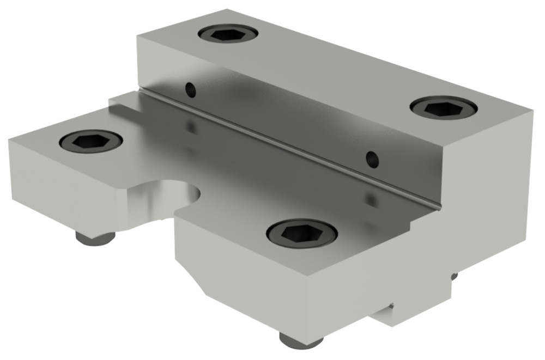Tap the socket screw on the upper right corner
[x=444, y=107]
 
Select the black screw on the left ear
[x=91, y=141]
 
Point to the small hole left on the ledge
[x=190, y=89]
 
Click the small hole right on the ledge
[x=372, y=158]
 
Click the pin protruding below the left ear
[x=94, y=238]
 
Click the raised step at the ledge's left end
[x=123, y=101]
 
